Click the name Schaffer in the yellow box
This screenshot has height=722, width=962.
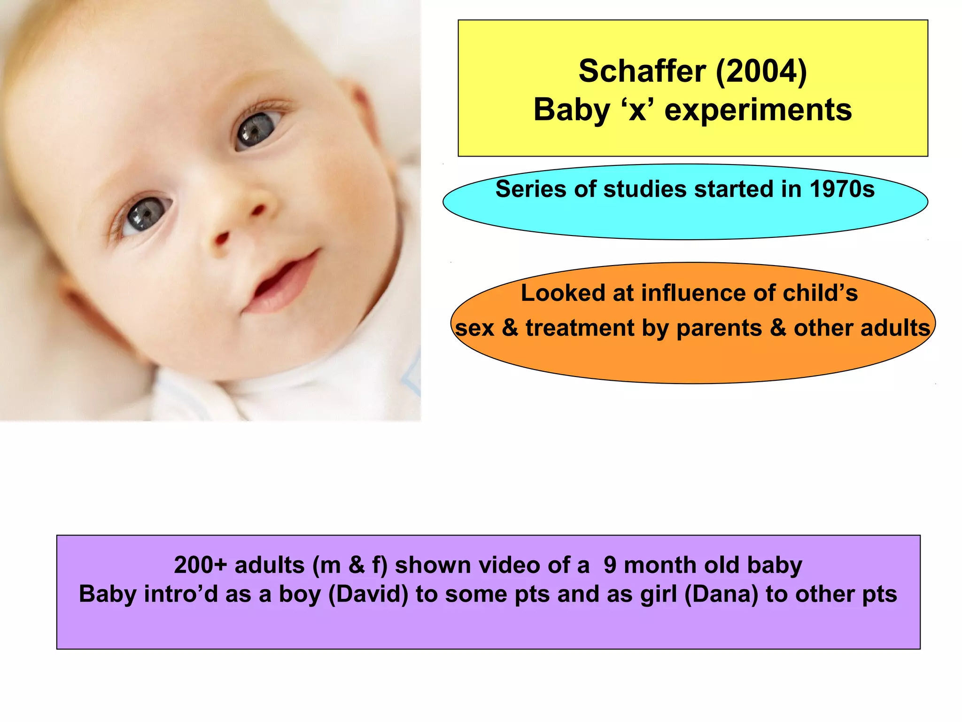[x=642, y=71]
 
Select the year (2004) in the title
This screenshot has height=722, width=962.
[x=761, y=71]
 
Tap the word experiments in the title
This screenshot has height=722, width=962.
[x=758, y=110]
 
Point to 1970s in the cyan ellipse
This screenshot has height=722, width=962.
[x=842, y=189]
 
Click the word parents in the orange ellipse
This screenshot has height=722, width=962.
[x=719, y=328]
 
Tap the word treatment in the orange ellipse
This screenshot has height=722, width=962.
[x=580, y=328]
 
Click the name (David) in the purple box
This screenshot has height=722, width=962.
[x=368, y=594]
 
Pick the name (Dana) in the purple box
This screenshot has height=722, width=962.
[x=721, y=594]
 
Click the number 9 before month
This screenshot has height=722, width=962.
[x=610, y=565]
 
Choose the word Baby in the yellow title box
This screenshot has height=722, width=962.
[x=571, y=110]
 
